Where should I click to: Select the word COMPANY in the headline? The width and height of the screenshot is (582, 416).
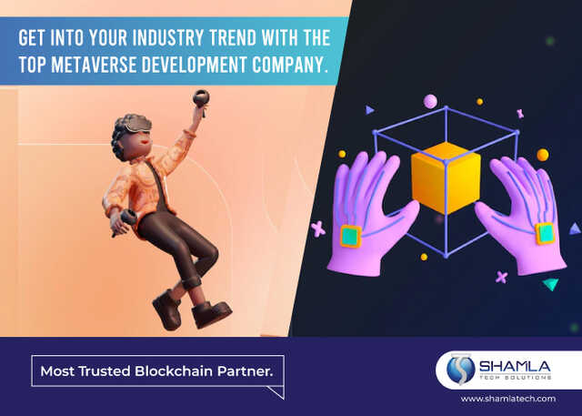click(x=289, y=65)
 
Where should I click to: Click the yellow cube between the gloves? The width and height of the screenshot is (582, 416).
click(x=446, y=178)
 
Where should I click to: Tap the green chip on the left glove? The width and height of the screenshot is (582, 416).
click(x=351, y=236)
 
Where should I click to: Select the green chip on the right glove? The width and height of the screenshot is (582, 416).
click(x=545, y=233)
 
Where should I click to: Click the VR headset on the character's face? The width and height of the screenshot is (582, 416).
click(x=137, y=124)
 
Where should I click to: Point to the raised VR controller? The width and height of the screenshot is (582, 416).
click(x=201, y=99)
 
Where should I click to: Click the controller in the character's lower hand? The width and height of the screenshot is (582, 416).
click(x=125, y=220)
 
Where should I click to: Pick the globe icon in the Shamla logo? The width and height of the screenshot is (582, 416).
click(x=461, y=370)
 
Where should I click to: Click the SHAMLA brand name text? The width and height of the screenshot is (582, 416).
click(x=515, y=367)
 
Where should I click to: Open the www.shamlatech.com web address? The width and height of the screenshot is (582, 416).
click(x=508, y=399)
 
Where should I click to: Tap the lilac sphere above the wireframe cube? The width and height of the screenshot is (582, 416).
click(x=430, y=101)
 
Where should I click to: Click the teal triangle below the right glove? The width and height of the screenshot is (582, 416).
click(x=550, y=284)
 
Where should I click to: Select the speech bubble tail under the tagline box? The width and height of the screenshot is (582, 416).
click(x=276, y=392)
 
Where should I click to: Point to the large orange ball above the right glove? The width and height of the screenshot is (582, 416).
click(x=543, y=155)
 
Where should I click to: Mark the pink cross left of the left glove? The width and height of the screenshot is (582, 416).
click(x=318, y=228)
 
